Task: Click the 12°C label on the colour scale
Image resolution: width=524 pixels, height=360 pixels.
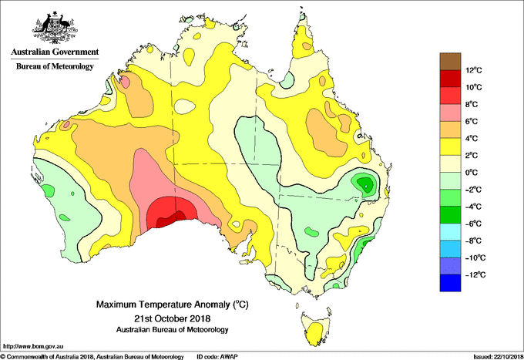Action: click(474, 70)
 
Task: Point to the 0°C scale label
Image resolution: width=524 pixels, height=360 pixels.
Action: click(471, 173)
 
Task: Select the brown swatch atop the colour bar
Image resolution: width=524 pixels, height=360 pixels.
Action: click(450, 61)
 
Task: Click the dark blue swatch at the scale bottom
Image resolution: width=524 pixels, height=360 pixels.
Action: click(450, 283)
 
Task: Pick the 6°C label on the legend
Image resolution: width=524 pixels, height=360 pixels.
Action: click(471, 121)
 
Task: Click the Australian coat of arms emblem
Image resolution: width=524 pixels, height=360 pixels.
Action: click(55, 28)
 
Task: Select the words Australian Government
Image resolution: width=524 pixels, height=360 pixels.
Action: click(55, 52)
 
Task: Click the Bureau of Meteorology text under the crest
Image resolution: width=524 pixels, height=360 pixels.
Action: click(55, 66)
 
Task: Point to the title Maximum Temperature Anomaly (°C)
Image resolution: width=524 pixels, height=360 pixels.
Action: click(172, 304)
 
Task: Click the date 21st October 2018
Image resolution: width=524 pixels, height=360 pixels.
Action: click(172, 318)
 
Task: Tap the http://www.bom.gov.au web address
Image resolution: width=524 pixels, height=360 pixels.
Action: click(33, 347)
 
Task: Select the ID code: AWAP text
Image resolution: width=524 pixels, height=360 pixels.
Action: click(217, 357)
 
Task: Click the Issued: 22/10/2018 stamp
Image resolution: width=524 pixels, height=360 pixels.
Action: click(499, 357)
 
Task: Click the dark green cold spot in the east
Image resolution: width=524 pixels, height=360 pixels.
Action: click(366, 184)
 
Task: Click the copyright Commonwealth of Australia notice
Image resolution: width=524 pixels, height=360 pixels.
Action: click(92, 357)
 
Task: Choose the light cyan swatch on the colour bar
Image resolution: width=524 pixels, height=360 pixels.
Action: click(450, 232)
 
